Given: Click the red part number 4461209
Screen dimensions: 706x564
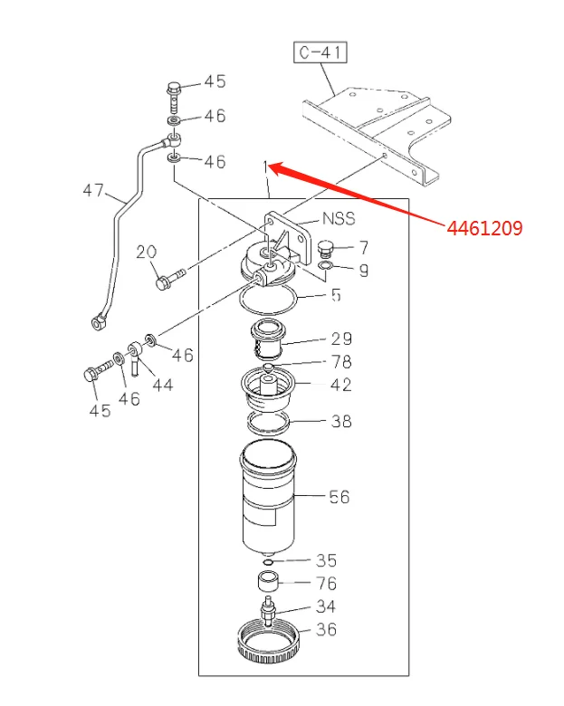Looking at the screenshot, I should coord(484,229).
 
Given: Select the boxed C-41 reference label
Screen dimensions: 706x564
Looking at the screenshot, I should coord(321,53).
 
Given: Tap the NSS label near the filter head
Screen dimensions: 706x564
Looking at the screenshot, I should coord(339,219).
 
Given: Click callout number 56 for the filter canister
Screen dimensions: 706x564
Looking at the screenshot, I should coord(339,496).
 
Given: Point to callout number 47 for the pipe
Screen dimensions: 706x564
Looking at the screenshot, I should coord(93,191).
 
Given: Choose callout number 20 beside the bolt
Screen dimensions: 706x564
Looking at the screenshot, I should coord(148,253).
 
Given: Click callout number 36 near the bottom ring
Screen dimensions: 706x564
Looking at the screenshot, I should coord(326,628).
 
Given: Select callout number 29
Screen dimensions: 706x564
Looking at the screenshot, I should coord(340,339).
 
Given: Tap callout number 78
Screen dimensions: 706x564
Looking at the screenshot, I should coord(340,362).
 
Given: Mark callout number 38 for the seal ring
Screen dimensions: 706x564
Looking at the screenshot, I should coord(340,421).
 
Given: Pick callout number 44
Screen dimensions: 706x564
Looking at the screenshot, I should coord(162,385).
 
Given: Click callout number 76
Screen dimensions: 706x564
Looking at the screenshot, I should coord(326,584).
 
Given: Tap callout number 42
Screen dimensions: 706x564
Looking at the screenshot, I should coord(340,385).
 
